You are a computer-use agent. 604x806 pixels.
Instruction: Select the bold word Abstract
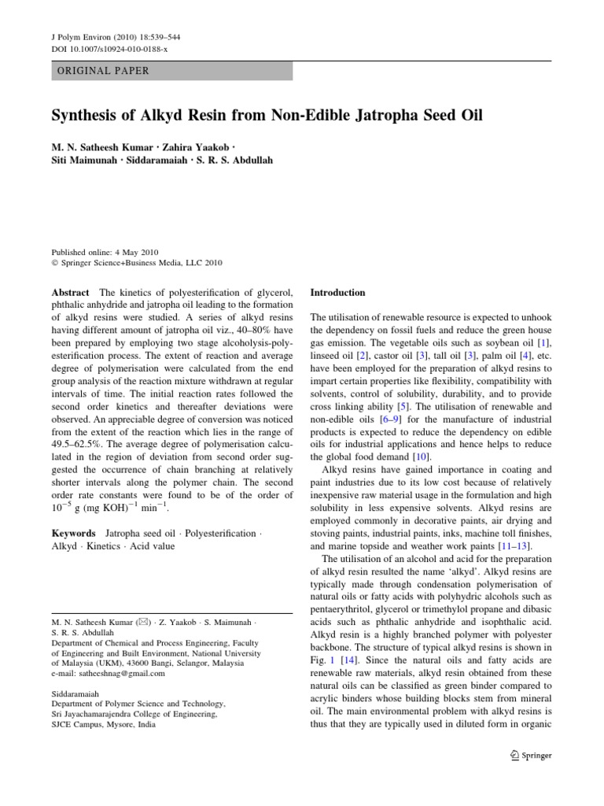pyautogui.click(x=69, y=293)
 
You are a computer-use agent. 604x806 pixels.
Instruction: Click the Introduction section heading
pyautogui.click(x=338, y=293)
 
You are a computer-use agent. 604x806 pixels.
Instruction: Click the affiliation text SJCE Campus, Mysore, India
pyautogui.click(x=103, y=724)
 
